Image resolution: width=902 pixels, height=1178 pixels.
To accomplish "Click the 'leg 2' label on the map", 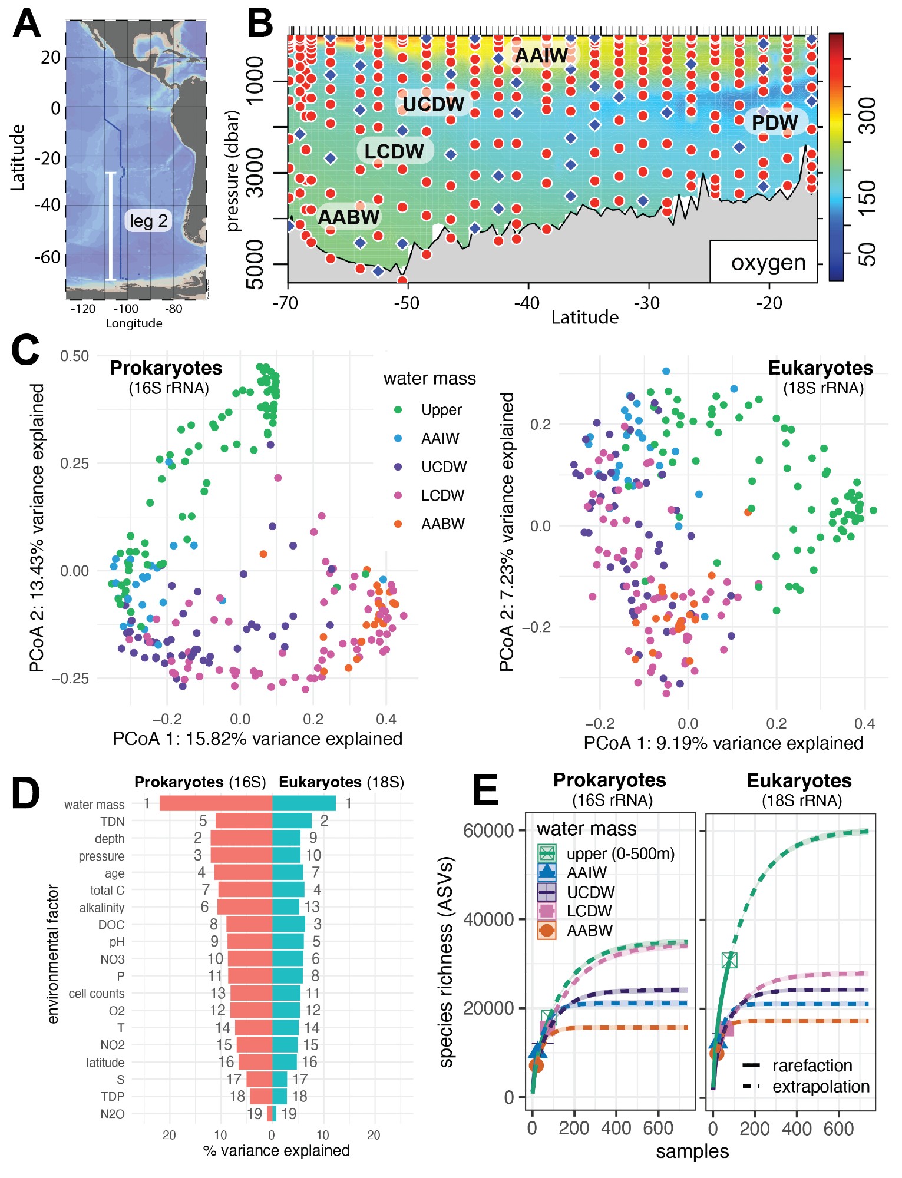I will coord(148,221).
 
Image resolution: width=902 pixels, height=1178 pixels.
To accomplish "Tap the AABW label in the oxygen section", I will coord(349,217).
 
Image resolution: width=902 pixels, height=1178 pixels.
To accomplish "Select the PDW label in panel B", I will coord(774,123).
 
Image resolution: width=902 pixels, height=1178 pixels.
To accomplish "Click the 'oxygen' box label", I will coord(768,263).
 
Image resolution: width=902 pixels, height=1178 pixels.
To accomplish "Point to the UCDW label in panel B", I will coord(434,104).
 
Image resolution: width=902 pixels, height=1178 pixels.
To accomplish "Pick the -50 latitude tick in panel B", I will coord(407,303).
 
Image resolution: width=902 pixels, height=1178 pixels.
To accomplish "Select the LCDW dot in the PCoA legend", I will coord(398,495).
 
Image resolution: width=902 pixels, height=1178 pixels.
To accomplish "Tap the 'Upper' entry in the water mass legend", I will coord(441,410).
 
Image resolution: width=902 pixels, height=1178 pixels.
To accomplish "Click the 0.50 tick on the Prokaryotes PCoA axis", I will coord(74,356).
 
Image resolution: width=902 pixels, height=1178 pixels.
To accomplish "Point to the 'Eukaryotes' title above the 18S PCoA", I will coord(820,368).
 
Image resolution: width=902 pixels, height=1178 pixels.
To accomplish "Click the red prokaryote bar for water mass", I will coord(216,803).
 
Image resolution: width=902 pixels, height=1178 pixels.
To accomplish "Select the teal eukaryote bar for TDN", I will coord(292,820).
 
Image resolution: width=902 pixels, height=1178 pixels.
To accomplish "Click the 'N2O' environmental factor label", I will coord(112,1114).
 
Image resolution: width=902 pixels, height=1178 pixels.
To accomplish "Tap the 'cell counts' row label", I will coord(97,994).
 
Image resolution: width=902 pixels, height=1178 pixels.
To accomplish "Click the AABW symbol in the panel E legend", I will coord(547,931).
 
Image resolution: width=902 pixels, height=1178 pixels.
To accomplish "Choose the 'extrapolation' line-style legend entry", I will coord(821,1087).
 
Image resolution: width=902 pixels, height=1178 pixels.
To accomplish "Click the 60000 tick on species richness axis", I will coord(488,831).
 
